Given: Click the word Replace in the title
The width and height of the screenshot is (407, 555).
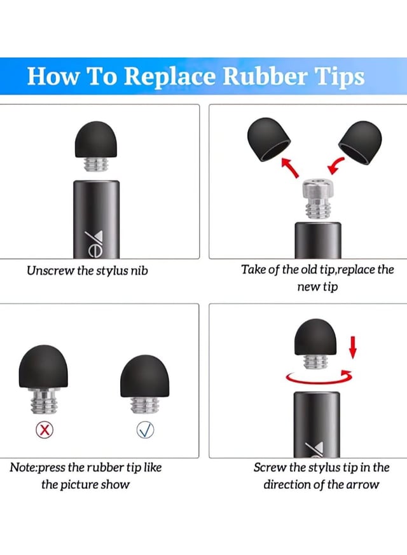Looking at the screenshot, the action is click(x=170, y=77).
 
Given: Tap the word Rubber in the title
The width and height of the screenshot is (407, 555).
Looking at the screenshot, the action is click(x=265, y=76).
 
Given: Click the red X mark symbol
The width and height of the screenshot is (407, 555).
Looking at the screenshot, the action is click(x=45, y=430).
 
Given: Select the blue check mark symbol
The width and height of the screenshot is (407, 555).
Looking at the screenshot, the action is click(x=145, y=430).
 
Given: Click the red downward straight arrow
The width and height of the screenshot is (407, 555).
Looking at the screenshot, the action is click(x=352, y=347).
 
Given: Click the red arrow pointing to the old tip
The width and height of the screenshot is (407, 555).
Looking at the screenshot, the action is click(x=290, y=168).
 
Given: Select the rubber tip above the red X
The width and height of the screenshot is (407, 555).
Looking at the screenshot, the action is click(x=43, y=366).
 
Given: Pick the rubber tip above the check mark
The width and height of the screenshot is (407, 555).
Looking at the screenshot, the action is click(x=145, y=376).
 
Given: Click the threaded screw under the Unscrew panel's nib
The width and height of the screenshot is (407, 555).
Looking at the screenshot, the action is click(x=96, y=165).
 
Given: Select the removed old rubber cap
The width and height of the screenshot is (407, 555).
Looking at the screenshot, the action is click(x=268, y=139).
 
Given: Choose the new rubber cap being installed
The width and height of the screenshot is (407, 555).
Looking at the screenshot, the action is click(x=361, y=142).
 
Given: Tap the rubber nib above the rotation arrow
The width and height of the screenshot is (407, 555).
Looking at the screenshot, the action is click(x=315, y=336).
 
